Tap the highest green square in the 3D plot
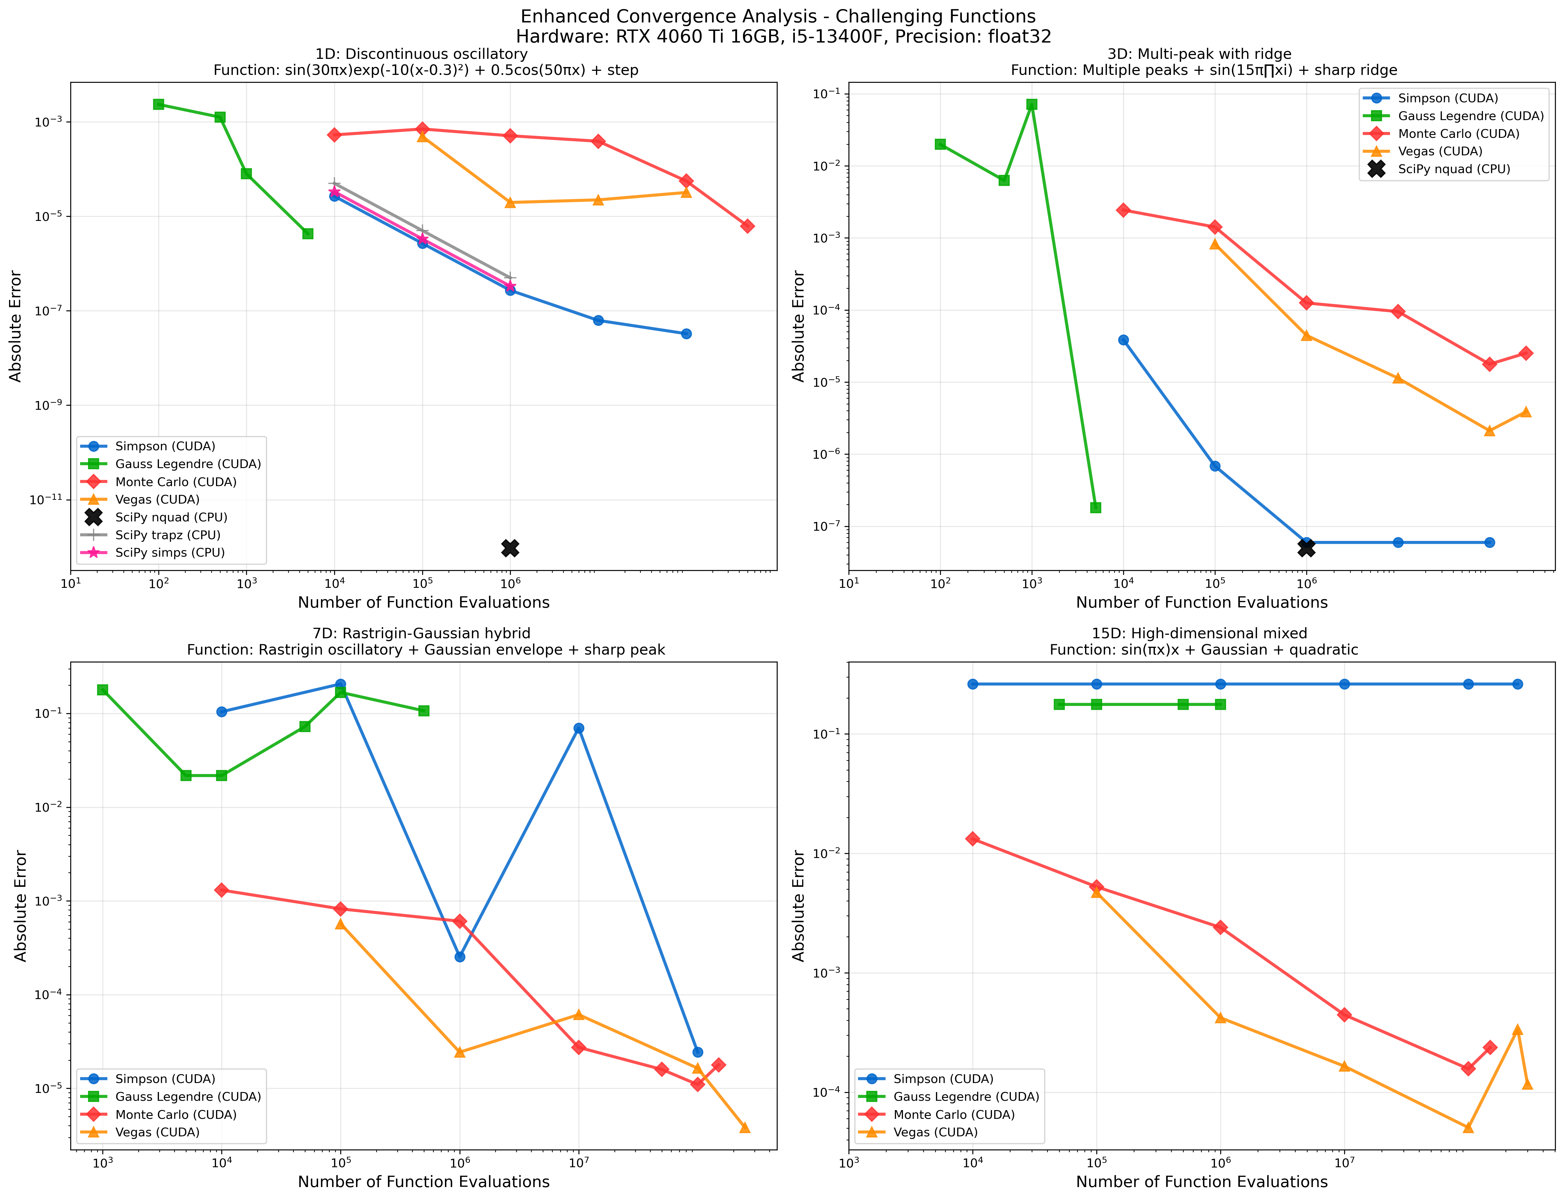[1032, 104]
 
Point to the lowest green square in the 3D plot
[1096, 507]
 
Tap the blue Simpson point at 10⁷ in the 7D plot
[579, 728]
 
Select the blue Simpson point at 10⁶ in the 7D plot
[460, 956]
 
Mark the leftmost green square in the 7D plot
[103, 690]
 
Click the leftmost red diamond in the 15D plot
[972, 838]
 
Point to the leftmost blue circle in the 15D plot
[972, 684]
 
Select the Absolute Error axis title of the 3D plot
[799, 326]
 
